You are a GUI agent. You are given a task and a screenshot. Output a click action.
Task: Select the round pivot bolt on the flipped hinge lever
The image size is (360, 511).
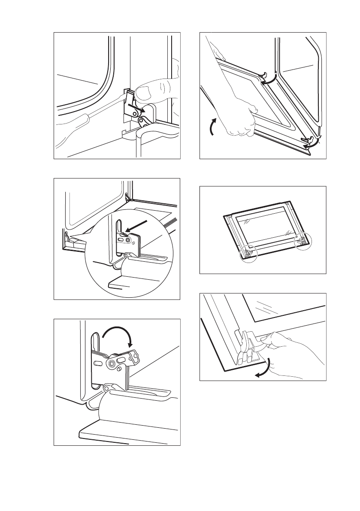(112, 364)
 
